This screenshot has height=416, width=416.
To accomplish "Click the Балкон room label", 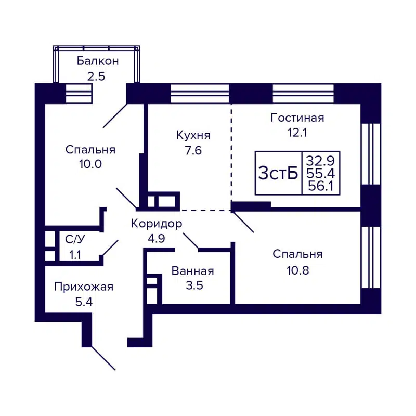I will click(x=98, y=61).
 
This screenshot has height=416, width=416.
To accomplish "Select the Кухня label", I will click(x=193, y=135).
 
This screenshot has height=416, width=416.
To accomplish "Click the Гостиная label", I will click(x=297, y=118).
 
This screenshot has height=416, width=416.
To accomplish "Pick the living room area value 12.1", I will click(x=297, y=132).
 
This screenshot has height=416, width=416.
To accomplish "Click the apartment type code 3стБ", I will click(x=278, y=173).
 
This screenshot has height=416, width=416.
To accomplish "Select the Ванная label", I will click(x=192, y=271).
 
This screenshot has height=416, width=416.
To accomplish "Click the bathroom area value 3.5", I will click(x=192, y=285).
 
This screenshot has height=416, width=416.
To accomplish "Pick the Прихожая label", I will click(x=84, y=287).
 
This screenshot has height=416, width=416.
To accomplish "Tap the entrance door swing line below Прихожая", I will click(x=103, y=358).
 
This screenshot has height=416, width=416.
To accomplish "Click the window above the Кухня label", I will click(x=200, y=94).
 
